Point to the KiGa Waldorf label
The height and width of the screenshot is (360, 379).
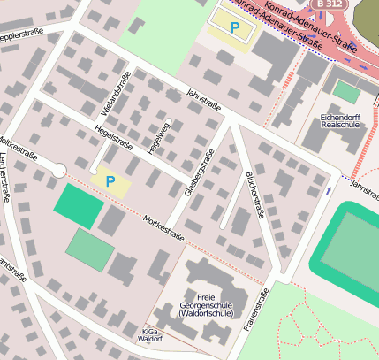152,334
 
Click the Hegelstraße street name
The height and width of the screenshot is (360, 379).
112,139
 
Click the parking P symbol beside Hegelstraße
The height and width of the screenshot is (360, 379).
110,181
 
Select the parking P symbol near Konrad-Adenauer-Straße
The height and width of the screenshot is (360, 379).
235,28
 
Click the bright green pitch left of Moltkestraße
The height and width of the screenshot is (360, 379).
79,204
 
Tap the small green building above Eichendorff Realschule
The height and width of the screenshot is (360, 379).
346,92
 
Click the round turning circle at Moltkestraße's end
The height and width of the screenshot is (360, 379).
58,170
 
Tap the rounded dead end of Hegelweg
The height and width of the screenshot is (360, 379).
167,118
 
